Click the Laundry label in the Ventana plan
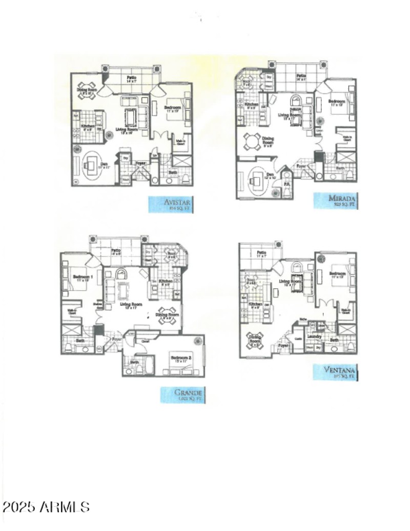coord(314,336)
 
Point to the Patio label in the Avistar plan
coord(131,77)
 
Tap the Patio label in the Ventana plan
coord(261,253)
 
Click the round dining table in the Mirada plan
coord(252,141)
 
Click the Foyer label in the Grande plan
coord(116,339)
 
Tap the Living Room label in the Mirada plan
coord(289,115)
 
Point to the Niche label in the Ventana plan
coord(303,319)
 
